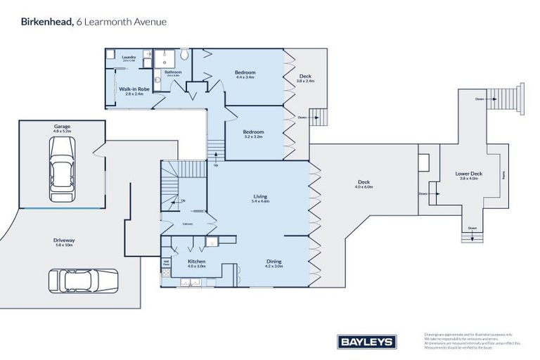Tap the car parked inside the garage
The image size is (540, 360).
(x=61, y=165)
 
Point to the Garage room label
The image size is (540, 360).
(x=62, y=126)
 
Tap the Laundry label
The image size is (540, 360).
(x=128, y=57)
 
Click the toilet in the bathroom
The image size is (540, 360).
(x=184, y=54)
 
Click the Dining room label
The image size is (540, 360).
(x=274, y=261)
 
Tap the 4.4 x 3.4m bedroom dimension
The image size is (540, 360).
(x=245, y=77)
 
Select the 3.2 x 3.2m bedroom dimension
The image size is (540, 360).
(x=253, y=136)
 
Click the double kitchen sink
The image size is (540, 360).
(x=189, y=283)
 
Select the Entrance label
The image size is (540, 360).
(x=188, y=224)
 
